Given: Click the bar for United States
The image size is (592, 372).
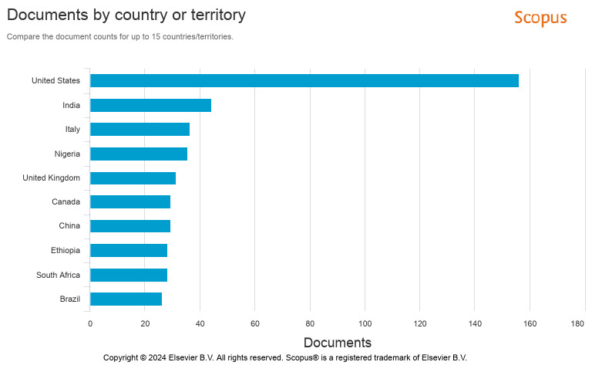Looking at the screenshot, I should click(x=304, y=80).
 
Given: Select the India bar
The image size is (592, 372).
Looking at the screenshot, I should click(x=150, y=105).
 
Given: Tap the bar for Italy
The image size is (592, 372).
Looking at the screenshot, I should click(x=140, y=129).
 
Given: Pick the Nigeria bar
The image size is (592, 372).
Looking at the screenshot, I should click(x=139, y=154).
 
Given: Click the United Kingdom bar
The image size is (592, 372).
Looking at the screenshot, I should click(x=133, y=178).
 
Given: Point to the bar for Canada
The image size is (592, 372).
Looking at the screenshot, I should click(x=130, y=202).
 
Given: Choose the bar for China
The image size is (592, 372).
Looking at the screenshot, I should click(x=130, y=226).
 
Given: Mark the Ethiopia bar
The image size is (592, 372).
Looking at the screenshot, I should click(x=129, y=250).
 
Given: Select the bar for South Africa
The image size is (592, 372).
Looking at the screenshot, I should click(x=129, y=275).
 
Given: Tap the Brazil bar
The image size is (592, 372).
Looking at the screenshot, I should click(x=126, y=299).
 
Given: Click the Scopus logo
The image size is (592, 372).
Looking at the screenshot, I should click(x=540, y=18).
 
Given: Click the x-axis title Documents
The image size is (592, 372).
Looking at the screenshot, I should click(x=337, y=343).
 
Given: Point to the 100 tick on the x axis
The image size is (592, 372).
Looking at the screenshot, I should click(x=365, y=324).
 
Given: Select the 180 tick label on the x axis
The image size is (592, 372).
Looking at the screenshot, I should click(x=578, y=324).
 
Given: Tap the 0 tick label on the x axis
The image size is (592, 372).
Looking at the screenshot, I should click(x=90, y=324).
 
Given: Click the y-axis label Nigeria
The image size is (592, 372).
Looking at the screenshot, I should click(x=67, y=154).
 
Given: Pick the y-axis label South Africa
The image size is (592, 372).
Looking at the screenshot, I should click(x=58, y=275).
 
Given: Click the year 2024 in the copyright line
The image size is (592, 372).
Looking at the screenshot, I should click(x=157, y=358).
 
